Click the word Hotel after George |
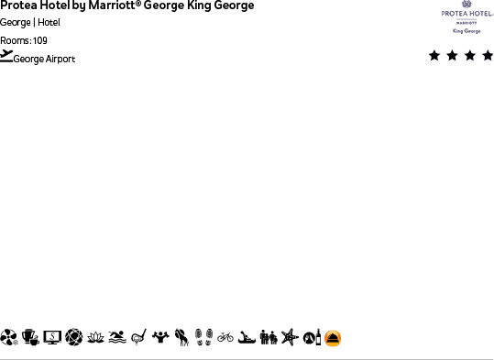click(49, 23)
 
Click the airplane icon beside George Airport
click(7, 56)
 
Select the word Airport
click(60, 60)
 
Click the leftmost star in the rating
click(434, 56)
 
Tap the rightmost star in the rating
click(487, 56)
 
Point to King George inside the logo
click(467, 31)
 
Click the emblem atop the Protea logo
click(467, 5)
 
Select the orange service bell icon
click(333, 338)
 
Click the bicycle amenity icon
click(225, 338)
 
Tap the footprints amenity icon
click(203, 338)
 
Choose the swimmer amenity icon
click(116, 338)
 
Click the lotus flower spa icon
click(95, 338)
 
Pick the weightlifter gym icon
click(160, 338)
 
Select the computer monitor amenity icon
click(52, 338)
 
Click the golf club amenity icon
click(138, 338)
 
